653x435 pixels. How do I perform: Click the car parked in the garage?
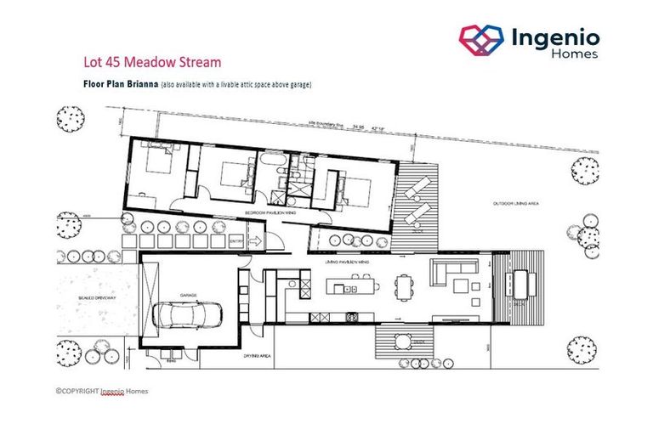pyautogui.click(x=189, y=315)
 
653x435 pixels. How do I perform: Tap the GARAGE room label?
pyautogui.click(x=188, y=295)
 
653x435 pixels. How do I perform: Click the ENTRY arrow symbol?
pyautogui.click(x=253, y=241)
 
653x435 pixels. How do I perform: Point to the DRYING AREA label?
pyautogui.click(x=256, y=355)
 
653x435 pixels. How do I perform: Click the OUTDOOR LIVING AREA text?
pyautogui.click(x=519, y=204)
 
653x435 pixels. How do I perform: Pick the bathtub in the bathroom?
pyautogui.click(x=270, y=160)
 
